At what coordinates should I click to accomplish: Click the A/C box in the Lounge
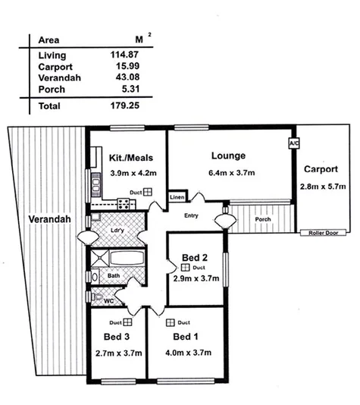tap(293, 143)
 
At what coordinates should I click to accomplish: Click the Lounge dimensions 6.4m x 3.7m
tap(228, 172)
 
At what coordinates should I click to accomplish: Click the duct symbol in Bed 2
tap(184, 267)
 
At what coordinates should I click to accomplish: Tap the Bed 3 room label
tap(117, 337)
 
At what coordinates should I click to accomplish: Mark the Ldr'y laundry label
tap(117, 230)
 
